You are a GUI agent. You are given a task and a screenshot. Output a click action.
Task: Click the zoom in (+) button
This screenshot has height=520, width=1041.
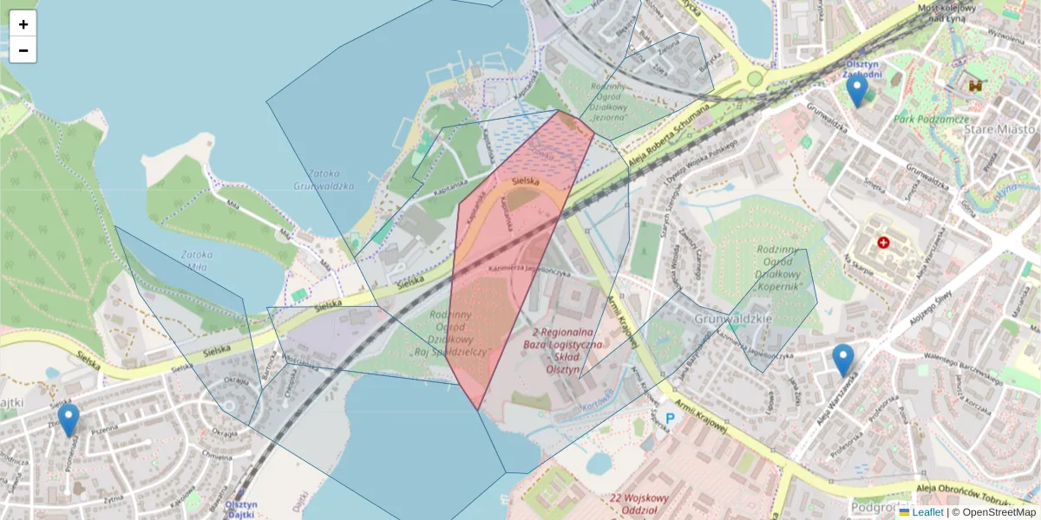coord(23,24)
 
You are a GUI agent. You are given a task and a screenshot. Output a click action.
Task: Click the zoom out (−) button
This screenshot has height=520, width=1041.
coord(23,50)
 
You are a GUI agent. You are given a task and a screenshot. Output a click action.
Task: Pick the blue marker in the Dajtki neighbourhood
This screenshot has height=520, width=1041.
coord(69,419)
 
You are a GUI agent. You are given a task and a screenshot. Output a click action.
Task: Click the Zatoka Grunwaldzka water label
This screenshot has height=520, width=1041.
coord(324,179)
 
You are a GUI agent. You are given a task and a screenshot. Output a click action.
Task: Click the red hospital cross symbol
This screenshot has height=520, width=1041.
coord(883,244)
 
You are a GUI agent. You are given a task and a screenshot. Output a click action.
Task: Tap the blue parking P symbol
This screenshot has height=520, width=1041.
coord(670,419)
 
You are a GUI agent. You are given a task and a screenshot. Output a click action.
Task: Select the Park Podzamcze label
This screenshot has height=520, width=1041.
coord(932,119)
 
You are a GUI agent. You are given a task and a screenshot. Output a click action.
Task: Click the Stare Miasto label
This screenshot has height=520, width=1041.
coord(1000,129)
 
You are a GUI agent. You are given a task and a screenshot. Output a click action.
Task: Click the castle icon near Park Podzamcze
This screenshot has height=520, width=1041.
coord(977,86)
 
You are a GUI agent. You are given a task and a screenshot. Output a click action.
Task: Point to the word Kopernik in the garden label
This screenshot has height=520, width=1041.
coord(784,285)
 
